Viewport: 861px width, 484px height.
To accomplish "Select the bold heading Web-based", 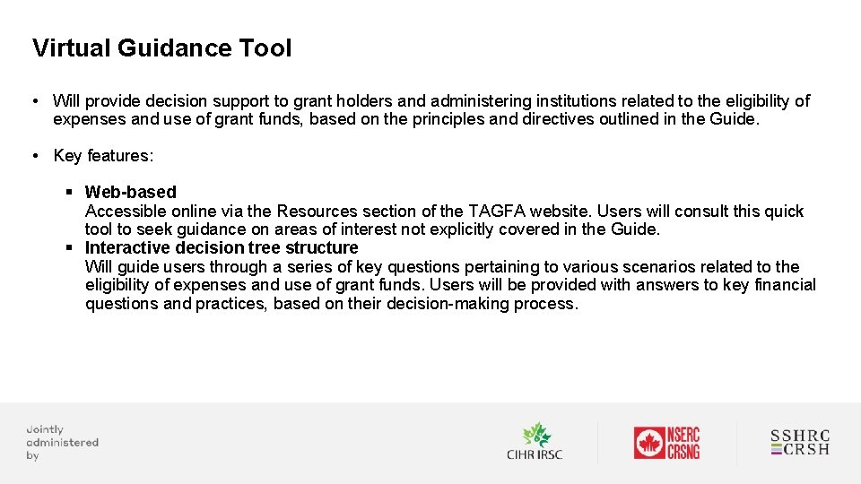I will pos(130,192).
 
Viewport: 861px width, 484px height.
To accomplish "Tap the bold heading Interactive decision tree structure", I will pos(221,247).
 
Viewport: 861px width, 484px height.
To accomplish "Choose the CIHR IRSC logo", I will pos(535,442).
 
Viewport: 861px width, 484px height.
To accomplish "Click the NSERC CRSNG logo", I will pos(666,443).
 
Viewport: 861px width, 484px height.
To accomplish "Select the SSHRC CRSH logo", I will pos(800,443).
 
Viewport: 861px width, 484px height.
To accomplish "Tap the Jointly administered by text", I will pos(61,443).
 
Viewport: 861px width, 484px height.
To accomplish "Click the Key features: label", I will pos(103,156).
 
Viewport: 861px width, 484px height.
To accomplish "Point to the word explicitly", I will pos(466,229).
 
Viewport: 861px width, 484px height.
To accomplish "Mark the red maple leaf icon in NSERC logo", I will pos(648,443).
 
